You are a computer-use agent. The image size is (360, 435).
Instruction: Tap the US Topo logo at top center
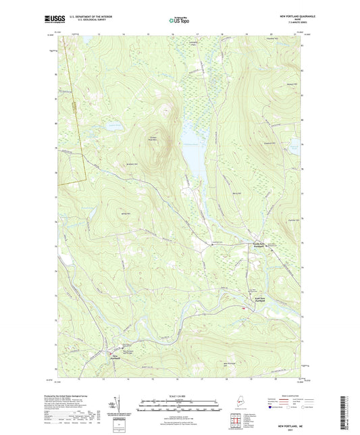(x=179, y=21)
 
